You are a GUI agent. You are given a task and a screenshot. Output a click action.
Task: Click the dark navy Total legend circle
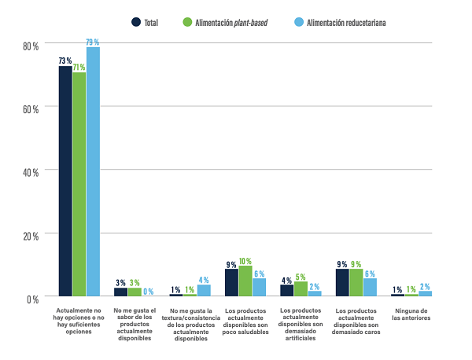(136, 22)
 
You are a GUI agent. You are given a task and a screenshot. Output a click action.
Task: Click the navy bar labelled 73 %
(65, 181)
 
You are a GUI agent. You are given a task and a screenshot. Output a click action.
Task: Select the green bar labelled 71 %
(79, 184)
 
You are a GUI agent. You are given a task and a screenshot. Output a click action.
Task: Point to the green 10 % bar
(245, 281)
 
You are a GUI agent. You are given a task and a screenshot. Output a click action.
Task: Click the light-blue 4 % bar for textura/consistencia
(204, 290)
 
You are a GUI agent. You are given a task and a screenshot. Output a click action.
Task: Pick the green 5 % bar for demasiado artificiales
(301, 288)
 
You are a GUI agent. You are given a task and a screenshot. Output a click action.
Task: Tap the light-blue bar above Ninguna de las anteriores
(426, 293)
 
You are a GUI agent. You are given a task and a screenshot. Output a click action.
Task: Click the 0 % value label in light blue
(148, 292)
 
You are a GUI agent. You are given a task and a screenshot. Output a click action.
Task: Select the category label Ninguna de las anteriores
(411, 315)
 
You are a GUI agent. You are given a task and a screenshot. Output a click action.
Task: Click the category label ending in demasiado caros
(356, 321)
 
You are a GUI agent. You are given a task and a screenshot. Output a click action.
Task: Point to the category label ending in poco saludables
(245, 321)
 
